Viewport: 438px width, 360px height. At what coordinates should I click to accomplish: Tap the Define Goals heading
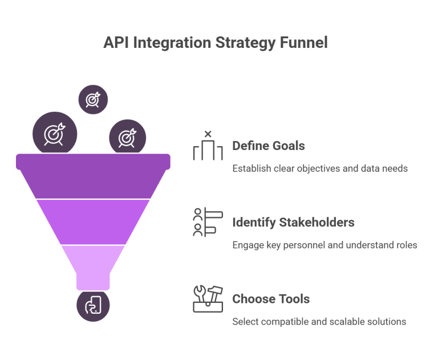[268, 146]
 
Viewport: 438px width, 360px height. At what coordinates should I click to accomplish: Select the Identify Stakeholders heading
[293, 222]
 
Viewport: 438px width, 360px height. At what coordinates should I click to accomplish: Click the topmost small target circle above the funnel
[93, 99]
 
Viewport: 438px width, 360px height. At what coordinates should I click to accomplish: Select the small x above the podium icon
[208, 135]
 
